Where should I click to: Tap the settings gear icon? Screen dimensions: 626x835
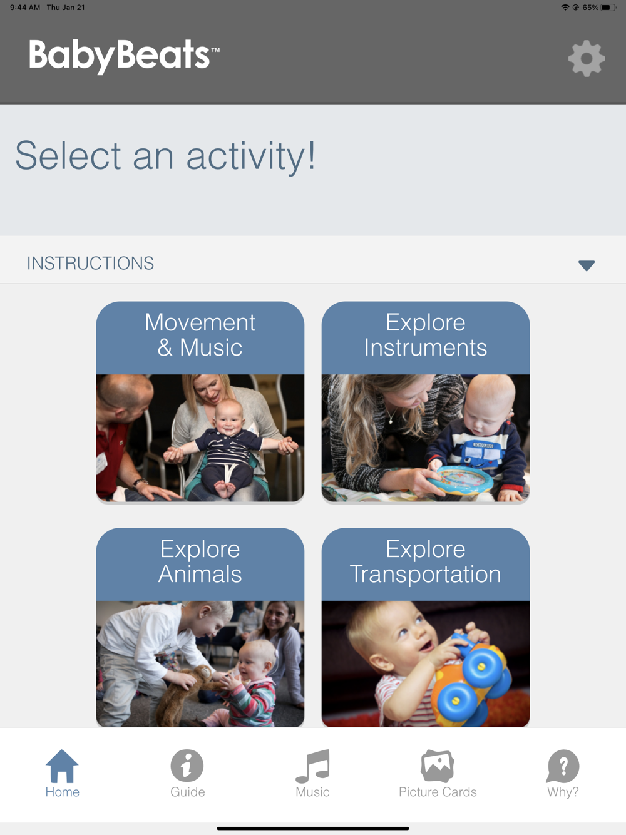pyautogui.click(x=587, y=58)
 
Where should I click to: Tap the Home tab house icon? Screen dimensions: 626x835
pyautogui.click(x=62, y=766)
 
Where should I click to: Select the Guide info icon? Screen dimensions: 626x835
pyautogui.click(x=187, y=765)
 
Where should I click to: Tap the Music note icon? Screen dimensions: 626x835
pyautogui.click(x=312, y=766)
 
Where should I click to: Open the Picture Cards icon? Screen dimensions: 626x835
pyautogui.click(x=438, y=766)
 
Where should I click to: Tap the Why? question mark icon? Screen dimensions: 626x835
pyautogui.click(x=563, y=766)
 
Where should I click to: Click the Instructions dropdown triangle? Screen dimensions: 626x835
pyautogui.click(x=587, y=265)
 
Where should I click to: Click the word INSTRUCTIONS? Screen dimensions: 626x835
pyautogui.click(x=91, y=264)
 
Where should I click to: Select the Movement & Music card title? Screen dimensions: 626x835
pyautogui.click(x=200, y=335)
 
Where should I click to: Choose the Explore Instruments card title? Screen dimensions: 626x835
pyautogui.click(x=426, y=335)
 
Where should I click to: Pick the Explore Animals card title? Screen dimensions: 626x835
pyautogui.click(x=200, y=561)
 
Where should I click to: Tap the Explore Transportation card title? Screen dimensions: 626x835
pyautogui.click(x=426, y=561)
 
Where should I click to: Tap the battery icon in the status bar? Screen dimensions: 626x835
pyautogui.click(x=608, y=8)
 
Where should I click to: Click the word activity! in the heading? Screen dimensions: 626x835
pyautogui.click(x=251, y=156)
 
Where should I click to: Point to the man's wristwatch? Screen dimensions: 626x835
pyautogui.click(x=140, y=483)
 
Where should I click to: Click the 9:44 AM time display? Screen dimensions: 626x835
pyautogui.click(x=25, y=8)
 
